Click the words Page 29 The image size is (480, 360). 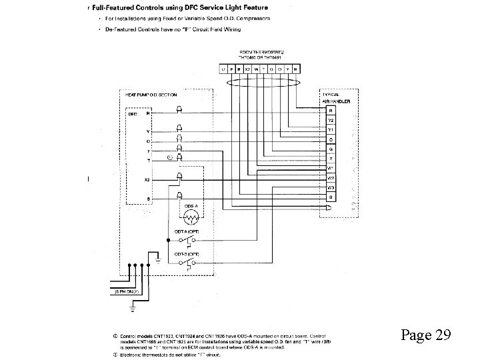[426, 335]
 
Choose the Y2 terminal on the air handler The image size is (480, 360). [331, 120]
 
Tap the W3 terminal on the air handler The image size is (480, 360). [331, 188]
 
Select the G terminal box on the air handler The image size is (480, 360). [331, 149]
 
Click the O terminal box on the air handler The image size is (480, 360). [331, 139]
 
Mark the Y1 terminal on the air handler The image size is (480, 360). [331, 129]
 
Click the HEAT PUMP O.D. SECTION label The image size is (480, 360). [151, 95]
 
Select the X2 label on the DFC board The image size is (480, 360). [147, 180]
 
